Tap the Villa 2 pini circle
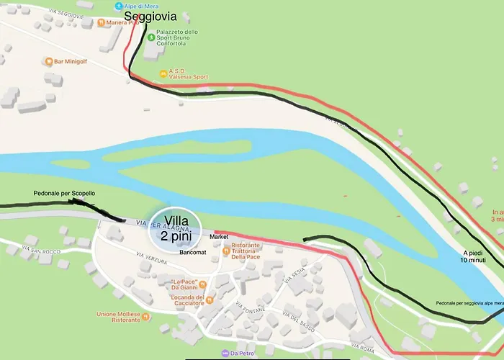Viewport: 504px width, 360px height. [x=176, y=228]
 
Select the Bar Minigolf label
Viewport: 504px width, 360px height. [x=74, y=62]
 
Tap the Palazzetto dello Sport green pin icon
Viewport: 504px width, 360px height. [x=150, y=37]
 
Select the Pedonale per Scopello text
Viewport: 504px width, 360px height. [x=64, y=194]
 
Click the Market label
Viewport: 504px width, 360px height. [x=218, y=236]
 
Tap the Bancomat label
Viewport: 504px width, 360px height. [x=193, y=252]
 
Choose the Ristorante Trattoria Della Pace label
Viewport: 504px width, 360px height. [x=246, y=251]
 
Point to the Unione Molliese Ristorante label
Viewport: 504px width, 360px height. [x=119, y=317]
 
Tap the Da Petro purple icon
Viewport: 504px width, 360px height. [x=225, y=353]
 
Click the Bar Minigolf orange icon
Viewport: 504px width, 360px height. [x=48, y=62]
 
